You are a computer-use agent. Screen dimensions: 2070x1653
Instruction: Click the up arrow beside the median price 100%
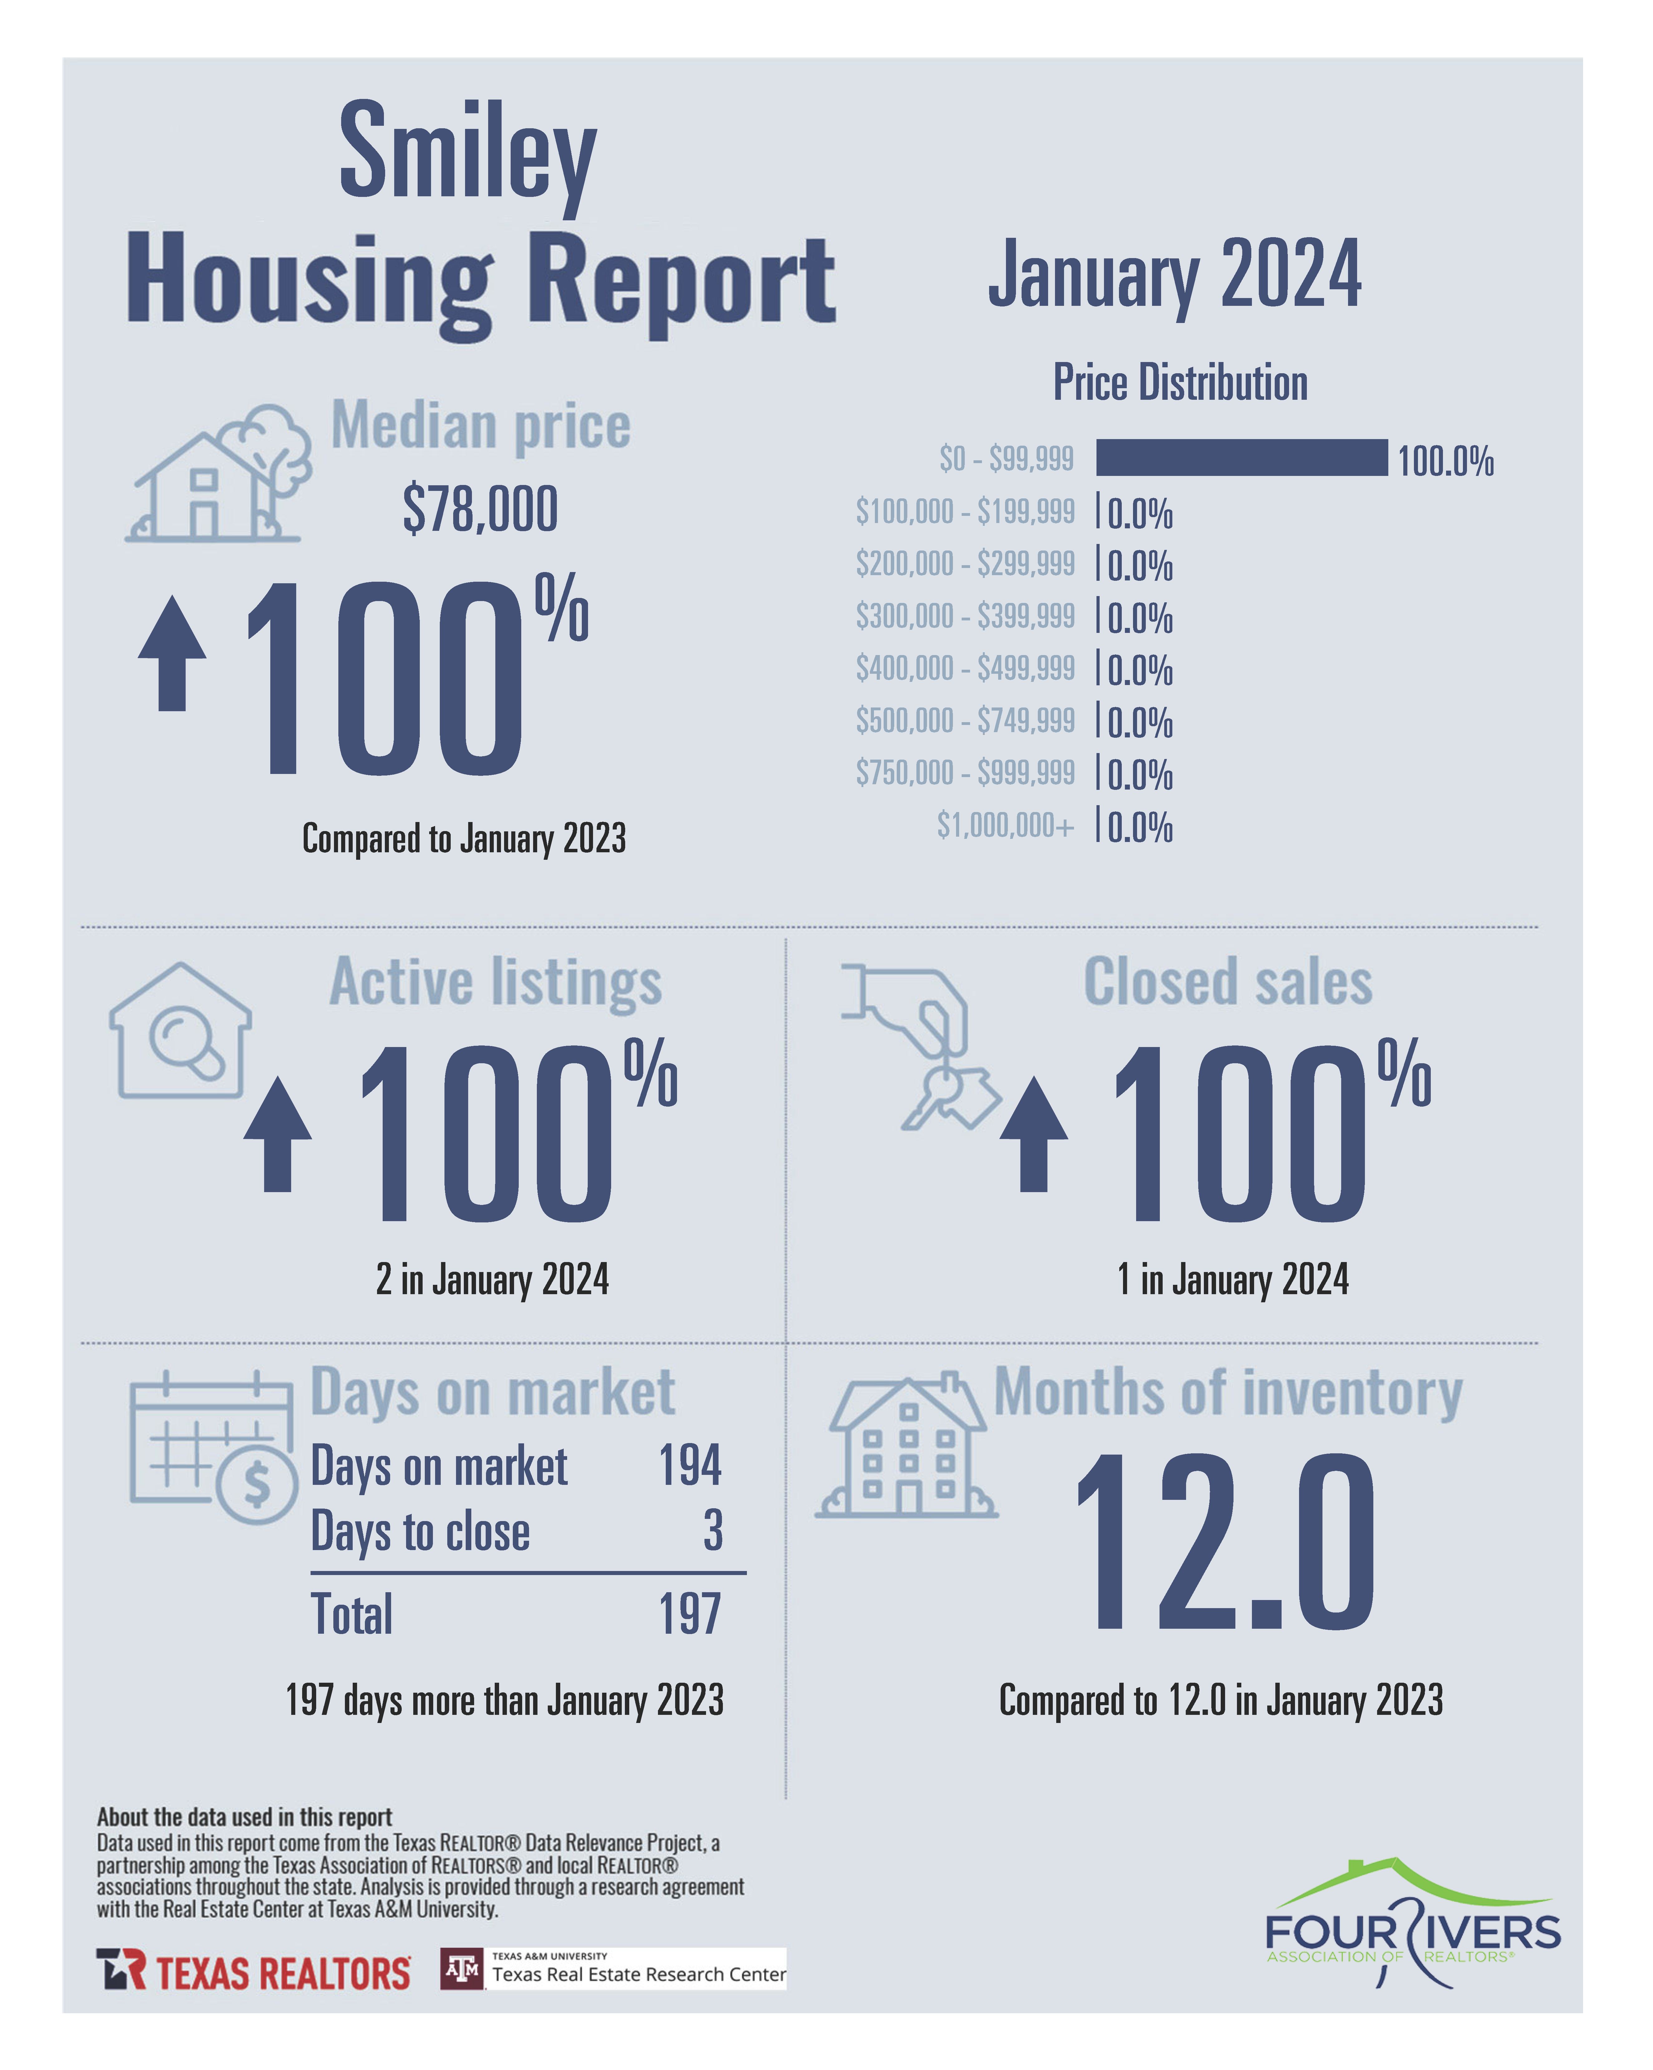pyautogui.click(x=172, y=653)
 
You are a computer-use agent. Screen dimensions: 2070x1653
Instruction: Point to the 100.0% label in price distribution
pyautogui.click(x=1445, y=462)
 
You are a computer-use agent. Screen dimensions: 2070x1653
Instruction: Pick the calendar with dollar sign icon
pyautogui.click(x=212, y=1447)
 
